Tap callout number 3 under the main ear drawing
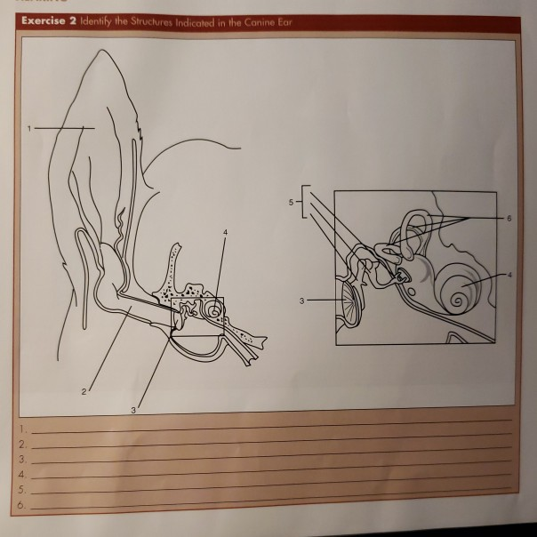(x=133, y=410)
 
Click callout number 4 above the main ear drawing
(x=225, y=233)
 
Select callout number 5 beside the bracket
(x=290, y=203)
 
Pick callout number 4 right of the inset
(x=509, y=275)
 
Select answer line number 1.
(x=267, y=430)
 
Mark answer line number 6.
(x=267, y=506)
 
